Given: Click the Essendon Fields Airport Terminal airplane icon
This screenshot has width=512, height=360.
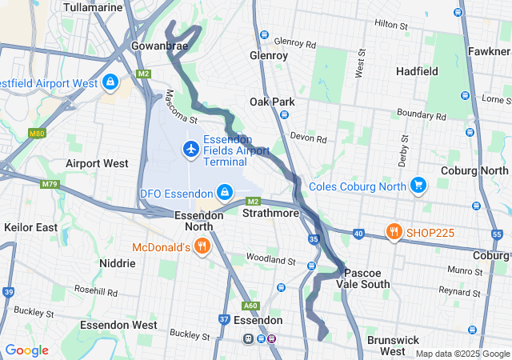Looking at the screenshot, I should click(x=190, y=149).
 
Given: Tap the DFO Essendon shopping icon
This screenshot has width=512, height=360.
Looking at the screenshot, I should click(x=225, y=193).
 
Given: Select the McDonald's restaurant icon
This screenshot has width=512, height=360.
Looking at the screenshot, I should click(x=202, y=246).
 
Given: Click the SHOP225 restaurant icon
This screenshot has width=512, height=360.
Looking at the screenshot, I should click(x=393, y=233).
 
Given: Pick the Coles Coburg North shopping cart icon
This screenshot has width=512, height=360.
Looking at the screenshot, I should click(x=417, y=186).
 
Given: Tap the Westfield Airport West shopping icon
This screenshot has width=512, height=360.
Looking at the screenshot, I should click(x=110, y=82).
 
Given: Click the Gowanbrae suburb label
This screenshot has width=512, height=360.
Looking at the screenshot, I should click(x=159, y=46).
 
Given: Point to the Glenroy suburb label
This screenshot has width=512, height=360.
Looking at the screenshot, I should click(x=268, y=56).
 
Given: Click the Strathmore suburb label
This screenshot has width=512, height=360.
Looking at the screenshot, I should click(x=270, y=214).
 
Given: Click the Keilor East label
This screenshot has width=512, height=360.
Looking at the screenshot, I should click(x=30, y=227).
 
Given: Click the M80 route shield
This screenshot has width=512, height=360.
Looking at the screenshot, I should click(x=37, y=133).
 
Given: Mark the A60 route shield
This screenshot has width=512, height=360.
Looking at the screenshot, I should click(x=251, y=305).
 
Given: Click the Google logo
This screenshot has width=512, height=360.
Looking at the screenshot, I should click(x=26, y=350).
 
